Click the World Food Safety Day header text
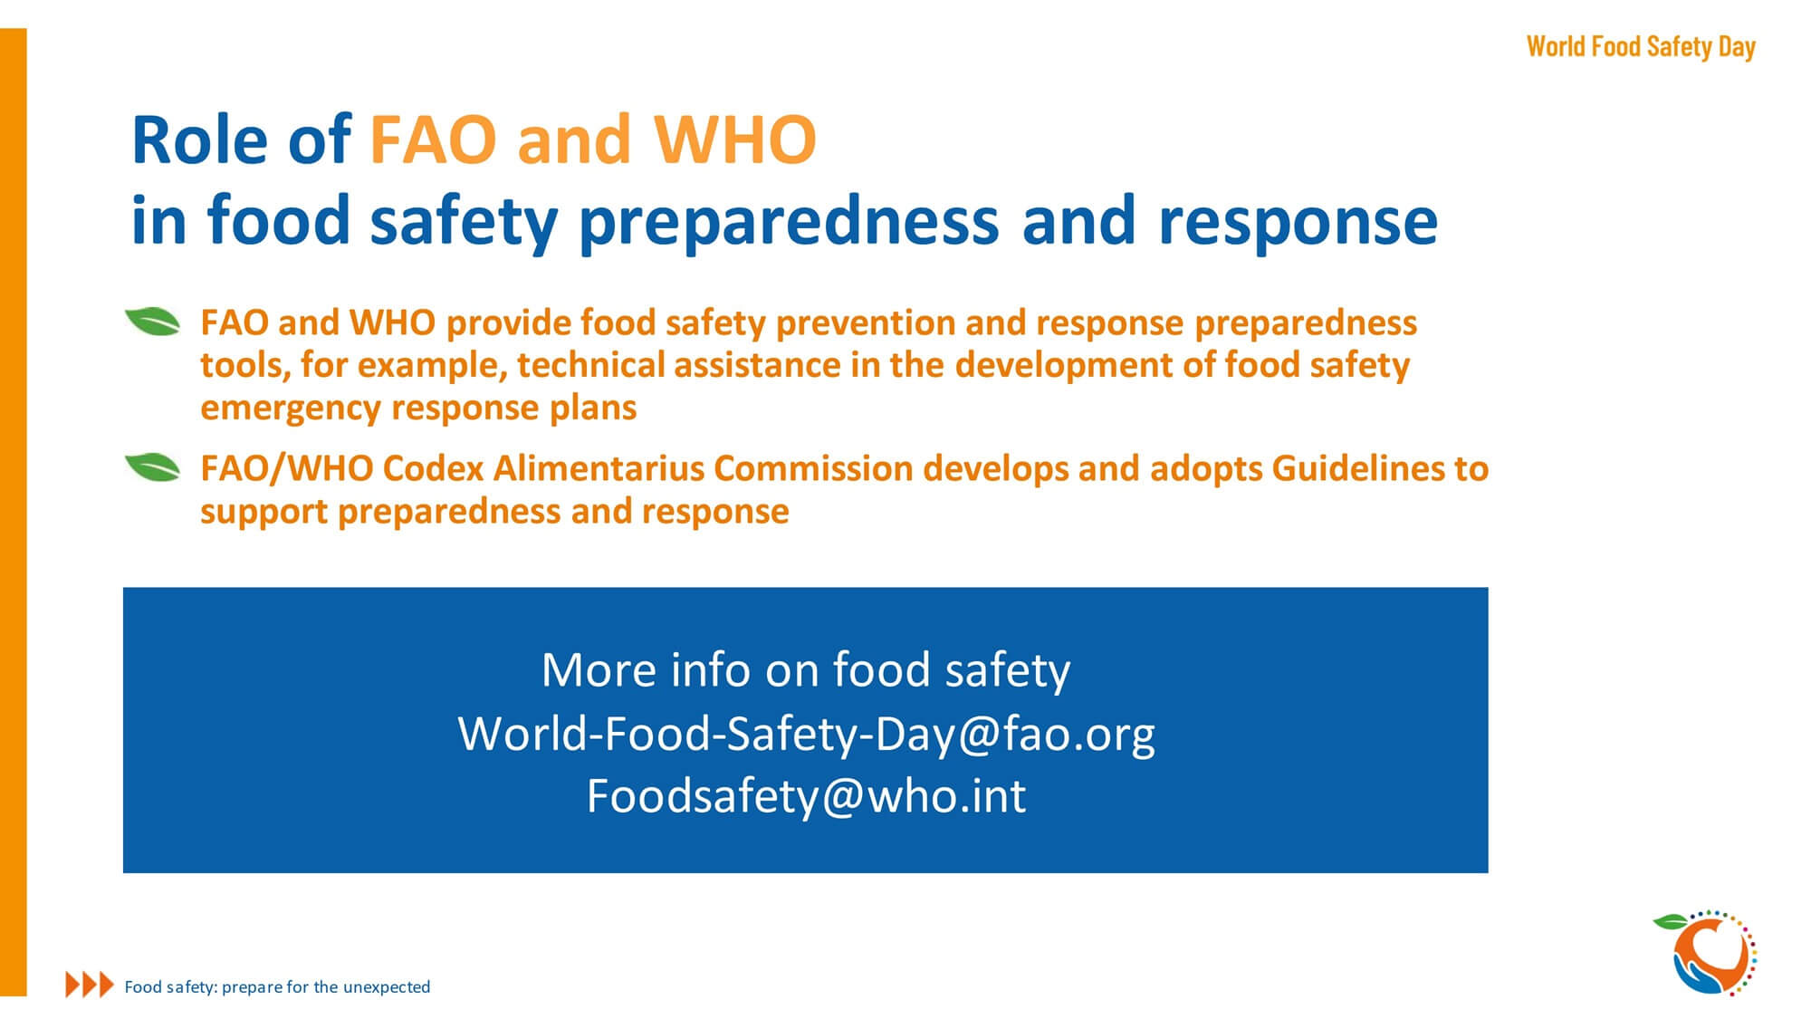point(1641,47)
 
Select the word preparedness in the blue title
point(789,222)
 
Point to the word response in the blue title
point(1298,222)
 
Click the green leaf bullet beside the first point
point(152,322)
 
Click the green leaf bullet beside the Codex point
point(152,467)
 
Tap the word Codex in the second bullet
point(433,468)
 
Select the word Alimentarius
point(599,468)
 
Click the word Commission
point(813,468)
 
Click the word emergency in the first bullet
point(290,409)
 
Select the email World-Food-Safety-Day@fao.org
point(806,733)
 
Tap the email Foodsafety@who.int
point(806,796)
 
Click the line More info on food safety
point(806,670)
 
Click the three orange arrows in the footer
point(90,985)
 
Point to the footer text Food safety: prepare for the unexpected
point(277,986)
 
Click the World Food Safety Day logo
point(1706,953)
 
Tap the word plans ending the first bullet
point(593,409)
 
